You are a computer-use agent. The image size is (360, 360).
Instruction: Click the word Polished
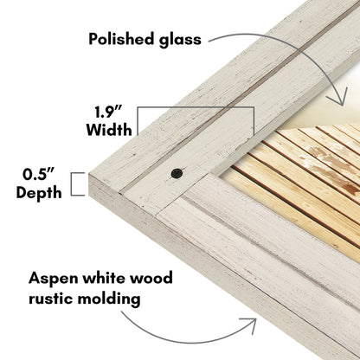[x=121, y=39]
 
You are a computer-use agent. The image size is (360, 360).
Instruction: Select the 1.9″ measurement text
[x=108, y=112]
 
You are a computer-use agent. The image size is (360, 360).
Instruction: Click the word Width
[x=109, y=130]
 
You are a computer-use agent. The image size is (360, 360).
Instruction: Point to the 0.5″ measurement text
[x=38, y=174]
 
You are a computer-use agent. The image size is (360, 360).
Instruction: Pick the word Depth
[x=39, y=193]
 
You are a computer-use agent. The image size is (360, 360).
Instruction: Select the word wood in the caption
[x=151, y=278]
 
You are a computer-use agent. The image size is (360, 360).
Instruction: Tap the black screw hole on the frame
[x=177, y=173]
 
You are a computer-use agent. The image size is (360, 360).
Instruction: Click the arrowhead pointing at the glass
[x=339, y=99]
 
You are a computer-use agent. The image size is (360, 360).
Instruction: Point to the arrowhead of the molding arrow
[x=250, y=324]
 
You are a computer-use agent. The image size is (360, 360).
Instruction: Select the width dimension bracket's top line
[x=196, y=107]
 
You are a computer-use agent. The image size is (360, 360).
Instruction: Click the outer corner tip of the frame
[x=89, y=175]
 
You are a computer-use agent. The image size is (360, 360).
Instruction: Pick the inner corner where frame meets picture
[x=211, y=173]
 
